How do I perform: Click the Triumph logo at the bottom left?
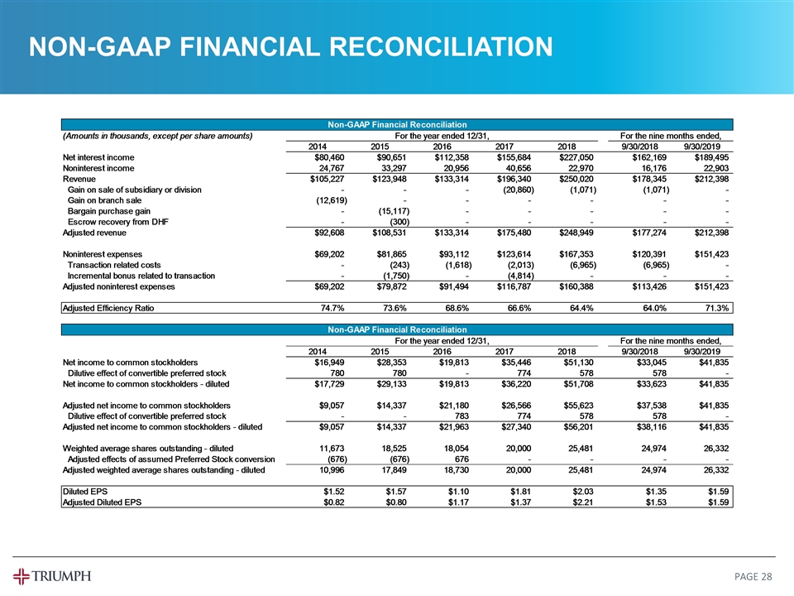(x=52, y=575)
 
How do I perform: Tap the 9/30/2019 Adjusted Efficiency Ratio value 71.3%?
(x=715, y=308)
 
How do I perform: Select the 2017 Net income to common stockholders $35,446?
(x=515, y=361)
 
